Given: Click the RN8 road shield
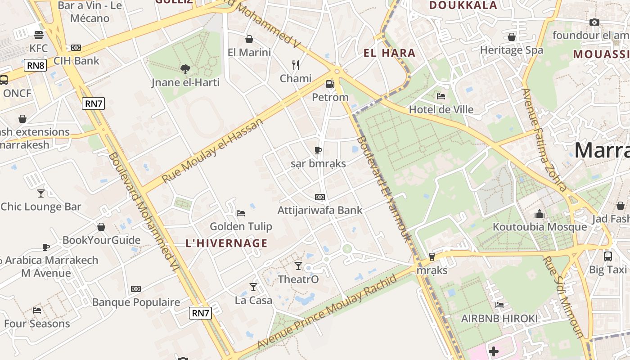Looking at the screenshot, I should click(x=36, y=66).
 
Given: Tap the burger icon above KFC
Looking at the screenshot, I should click(x=39, y=35).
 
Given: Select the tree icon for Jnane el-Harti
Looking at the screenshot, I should click(x=185, y=69).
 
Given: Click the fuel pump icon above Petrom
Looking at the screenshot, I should click(x=330, y=84).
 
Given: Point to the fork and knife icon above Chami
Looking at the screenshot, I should click(x=296, y=65).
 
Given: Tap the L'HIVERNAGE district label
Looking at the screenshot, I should click(x=227, y=243).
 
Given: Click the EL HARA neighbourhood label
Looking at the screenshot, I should click(x=389, y=53).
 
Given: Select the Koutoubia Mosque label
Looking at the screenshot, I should click(x=540, y=226).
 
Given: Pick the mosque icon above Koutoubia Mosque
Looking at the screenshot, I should click(x=540, y=213).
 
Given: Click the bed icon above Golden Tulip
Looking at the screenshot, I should click(x=241, y=213).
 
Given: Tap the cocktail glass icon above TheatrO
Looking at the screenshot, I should click(x=298, y=266).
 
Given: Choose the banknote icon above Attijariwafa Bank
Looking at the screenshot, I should click(x=320, y=197).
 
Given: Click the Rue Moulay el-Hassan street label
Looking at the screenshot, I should click(x=212, y=151).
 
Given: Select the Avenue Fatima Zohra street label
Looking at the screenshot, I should click(x=543, y=139).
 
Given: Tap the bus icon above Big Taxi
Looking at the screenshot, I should click(x=607, y=256).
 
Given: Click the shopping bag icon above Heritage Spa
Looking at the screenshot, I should click(x=512, y=37).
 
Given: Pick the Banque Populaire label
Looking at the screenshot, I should click(x=136, y=302).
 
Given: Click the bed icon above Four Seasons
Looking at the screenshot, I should click(x=37, y=310).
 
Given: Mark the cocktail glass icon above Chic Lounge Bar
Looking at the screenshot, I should click(x=41, y=193).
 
